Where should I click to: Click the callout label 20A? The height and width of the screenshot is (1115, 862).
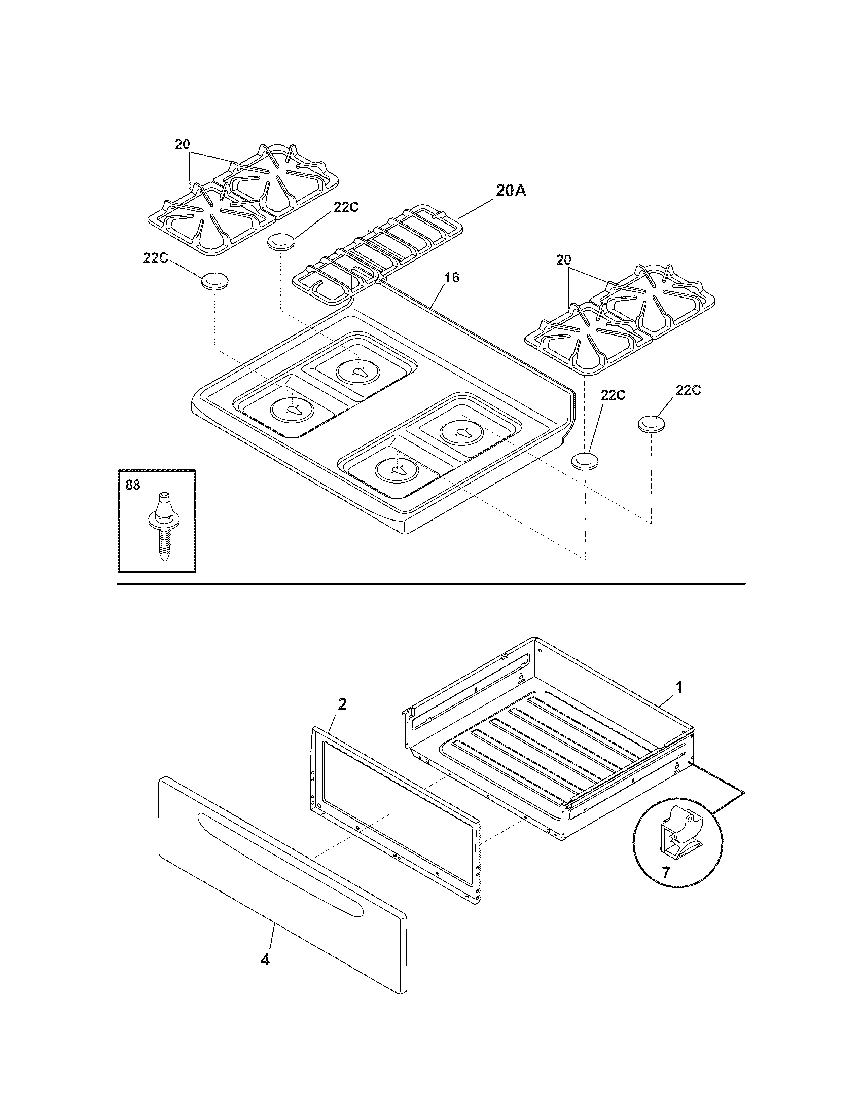coord(511,191)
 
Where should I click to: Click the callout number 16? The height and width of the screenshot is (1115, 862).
coord(451,277)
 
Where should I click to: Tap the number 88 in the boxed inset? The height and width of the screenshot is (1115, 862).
coord(133,485)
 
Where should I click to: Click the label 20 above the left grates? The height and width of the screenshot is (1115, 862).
coord(183,144)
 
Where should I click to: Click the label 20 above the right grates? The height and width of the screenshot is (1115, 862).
coord(563,261)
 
